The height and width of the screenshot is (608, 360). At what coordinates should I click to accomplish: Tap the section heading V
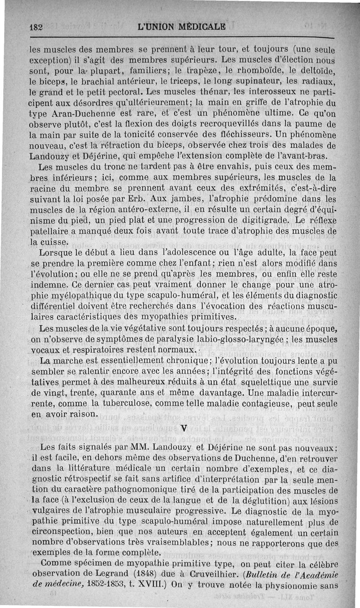click(183, 428)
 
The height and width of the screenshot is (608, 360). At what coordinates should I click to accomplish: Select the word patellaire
click(49, 231)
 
